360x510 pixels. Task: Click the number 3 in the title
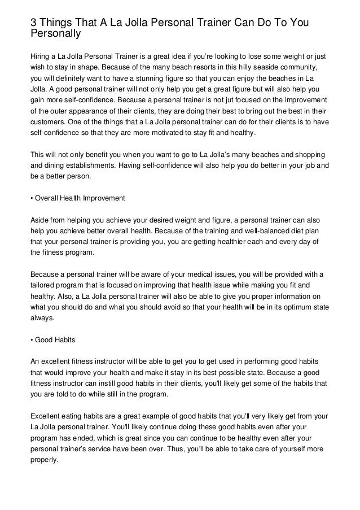(34, 22)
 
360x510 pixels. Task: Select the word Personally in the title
(56, 33)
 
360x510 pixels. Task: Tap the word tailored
(43, 285)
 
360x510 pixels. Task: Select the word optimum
(284, 306)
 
